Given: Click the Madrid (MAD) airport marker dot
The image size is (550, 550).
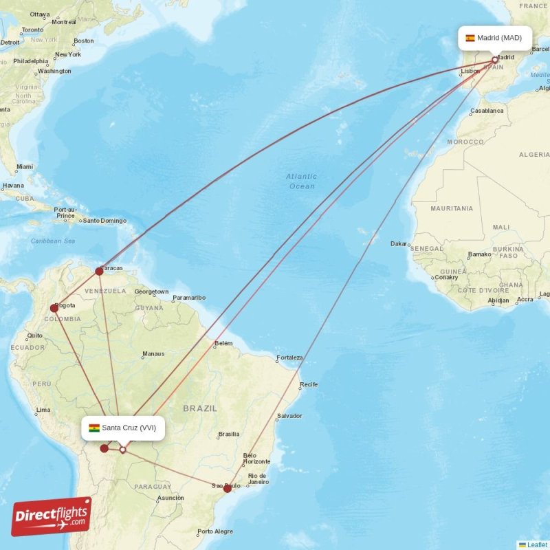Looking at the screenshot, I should click(x=494, y=60).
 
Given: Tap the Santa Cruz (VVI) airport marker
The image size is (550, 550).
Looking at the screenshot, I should click(x=122, y=450).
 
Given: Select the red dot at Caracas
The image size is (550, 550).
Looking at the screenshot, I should click(x=99, y=272).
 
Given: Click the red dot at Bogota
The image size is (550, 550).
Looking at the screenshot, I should click(x=54, y=308).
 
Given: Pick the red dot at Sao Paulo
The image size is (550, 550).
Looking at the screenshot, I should click(x=228, y=488).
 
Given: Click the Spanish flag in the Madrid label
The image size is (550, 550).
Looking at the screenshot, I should click(x=470, y=38).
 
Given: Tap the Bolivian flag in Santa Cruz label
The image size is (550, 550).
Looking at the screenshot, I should click(x=94, y=428).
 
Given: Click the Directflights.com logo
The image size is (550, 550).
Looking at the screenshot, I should click(x=52, y=516).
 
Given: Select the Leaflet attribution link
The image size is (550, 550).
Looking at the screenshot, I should click(x=537, y=544).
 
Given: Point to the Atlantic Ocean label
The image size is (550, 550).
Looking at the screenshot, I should click(x=301, y=181).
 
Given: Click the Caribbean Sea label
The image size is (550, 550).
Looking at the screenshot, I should click(x=53, y=241).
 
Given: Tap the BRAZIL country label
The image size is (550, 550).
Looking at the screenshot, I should click(x=200, y=408).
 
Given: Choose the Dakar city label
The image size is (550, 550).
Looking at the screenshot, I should click(x=399, y=243).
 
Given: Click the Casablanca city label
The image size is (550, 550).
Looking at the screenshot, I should click(x=487, y=111).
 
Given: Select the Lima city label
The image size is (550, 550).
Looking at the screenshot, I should click(x=43, y=410).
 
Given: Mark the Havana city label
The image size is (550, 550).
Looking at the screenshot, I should click(x=12, y=186).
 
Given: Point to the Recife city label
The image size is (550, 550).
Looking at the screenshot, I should click(x=309, y=384).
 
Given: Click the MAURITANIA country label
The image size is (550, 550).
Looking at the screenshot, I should click(x=452, y=208).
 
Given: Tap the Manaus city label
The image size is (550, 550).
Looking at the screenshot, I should click(x=153, y=354).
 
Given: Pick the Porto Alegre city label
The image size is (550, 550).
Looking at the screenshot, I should click(x=215, y=531).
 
